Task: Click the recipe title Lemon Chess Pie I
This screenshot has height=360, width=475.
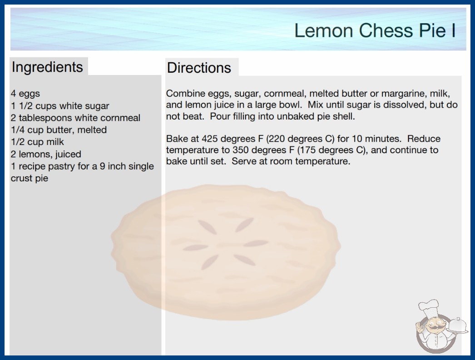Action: (375, 30)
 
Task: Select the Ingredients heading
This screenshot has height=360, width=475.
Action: (47, 67)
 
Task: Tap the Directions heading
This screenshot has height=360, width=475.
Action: (199, 68)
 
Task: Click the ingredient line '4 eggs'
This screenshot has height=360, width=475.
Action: (25, 94)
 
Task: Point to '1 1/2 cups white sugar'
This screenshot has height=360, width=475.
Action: (60, 106)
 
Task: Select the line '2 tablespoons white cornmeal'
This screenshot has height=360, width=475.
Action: (75, 118)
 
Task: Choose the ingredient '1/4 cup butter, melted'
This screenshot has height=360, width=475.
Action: (59, 130)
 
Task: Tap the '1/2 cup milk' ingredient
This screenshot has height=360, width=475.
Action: (38, 142)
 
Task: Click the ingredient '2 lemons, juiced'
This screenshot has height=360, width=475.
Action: (46, 154)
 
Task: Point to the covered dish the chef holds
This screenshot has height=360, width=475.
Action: (458, 325)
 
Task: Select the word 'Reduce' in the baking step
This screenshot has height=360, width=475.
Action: (424, 139)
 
